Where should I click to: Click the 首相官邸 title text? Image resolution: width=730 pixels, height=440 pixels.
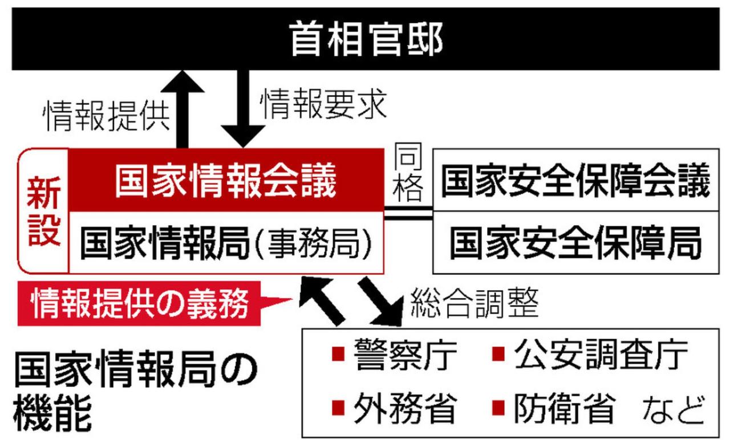point(366,39)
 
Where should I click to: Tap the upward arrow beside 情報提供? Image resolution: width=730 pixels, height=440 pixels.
point(182,109)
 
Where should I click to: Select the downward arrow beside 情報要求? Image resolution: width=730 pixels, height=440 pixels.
point(243,109)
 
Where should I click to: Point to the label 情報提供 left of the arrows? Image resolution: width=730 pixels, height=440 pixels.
point(107,116)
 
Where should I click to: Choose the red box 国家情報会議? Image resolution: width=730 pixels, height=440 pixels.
point(226,180)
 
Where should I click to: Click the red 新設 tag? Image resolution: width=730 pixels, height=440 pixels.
point(44,211)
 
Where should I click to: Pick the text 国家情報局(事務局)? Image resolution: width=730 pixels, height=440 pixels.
point(226,243)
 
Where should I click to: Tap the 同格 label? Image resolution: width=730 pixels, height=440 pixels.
point(408,172)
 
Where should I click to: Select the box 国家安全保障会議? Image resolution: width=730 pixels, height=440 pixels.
point(576,180)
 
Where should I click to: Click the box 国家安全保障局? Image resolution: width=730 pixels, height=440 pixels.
point(576,243)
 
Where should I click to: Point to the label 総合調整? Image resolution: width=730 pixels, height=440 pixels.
point(474,303)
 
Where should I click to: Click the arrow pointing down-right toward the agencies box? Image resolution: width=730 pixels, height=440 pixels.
point(382,302)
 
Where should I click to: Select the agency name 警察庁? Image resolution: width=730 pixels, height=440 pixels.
point(405,355)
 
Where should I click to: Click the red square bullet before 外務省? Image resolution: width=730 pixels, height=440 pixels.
point(338,408)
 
